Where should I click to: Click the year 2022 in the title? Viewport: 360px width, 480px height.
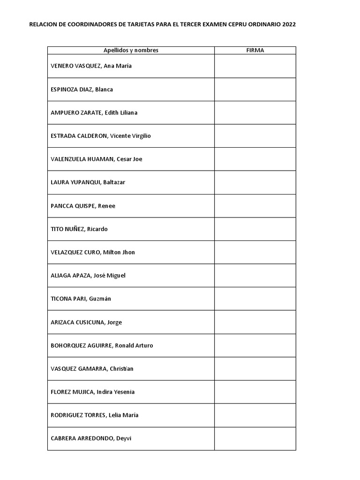[x=289, y=25]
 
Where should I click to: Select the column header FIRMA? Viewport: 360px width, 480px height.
[x=255, y=51]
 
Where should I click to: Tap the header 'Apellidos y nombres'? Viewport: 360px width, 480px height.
[x=131, y=51]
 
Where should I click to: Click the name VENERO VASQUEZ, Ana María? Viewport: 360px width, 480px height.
[x=91, y=66]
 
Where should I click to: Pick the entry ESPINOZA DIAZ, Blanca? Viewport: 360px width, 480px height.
[x=82, y=90]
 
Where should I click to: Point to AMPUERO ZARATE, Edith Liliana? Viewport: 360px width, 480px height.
[x=94, y=113]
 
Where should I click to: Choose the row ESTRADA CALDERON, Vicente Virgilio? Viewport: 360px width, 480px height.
[x=101, y=136]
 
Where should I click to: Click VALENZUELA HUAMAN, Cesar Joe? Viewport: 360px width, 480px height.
[x=96, y=159]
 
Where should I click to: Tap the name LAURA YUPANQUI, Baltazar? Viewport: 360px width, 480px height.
[x=88, y=182]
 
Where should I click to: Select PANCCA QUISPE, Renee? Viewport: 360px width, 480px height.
[x=82, y=206]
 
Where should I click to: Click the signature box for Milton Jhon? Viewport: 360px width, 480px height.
[x=255, y=252]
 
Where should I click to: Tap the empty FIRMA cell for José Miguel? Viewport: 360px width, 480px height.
[x=255, y=276]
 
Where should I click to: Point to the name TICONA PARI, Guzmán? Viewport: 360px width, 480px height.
[x=81, y=299]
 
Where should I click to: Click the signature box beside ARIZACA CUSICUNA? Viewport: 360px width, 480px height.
[x=255, y=322]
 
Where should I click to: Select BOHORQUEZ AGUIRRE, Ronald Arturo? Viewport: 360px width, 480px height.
[x=102, y=345]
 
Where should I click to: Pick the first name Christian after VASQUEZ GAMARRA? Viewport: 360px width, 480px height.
[x=121, y=369]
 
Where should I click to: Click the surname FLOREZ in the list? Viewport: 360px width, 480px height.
[x=61, y=392]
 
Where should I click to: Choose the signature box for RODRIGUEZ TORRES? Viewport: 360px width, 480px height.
[x=255, y=415]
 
